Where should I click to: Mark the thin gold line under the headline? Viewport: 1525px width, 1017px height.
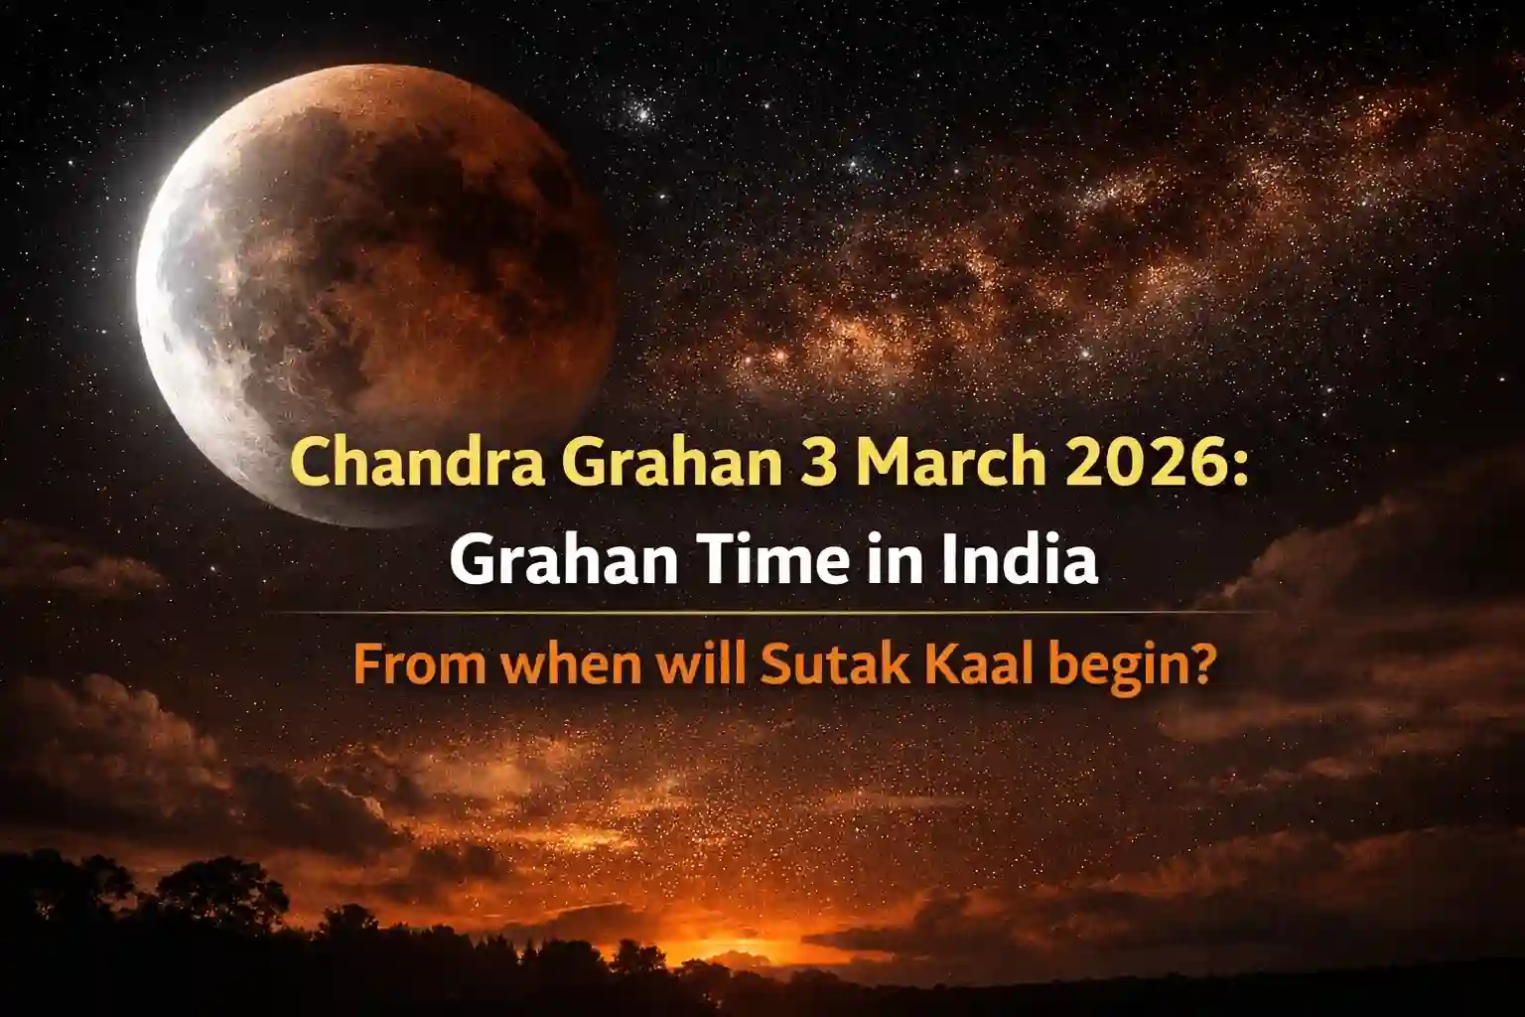pyautogui.click(x=762, y=613)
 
